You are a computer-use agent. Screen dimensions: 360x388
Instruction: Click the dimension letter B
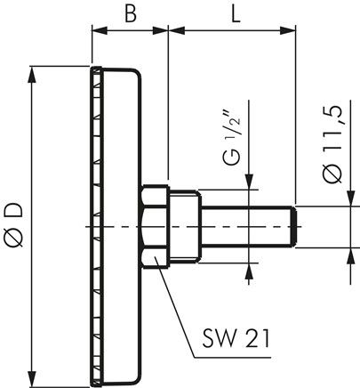click(131, 13)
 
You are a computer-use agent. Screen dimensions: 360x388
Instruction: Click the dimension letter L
click(236, 13)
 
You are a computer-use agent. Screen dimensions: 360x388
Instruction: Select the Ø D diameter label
click(13, 224)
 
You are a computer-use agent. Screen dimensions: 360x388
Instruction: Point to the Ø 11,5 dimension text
click(333, 145)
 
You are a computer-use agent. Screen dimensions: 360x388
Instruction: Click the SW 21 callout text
click(236, 338)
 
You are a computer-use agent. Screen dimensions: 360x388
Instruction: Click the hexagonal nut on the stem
click(156, 227)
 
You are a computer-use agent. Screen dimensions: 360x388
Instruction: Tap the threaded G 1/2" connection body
click(185, 227)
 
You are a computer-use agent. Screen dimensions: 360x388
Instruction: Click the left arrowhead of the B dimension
click(99, 30)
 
